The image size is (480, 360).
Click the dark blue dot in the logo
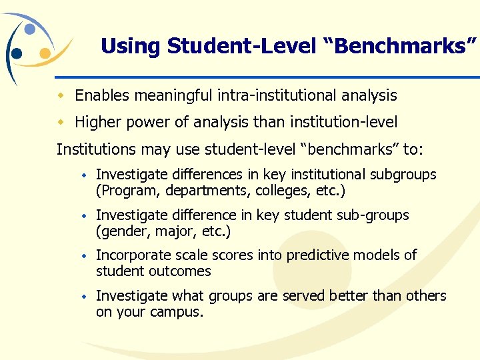tap(17, 53)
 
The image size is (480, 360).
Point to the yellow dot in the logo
tap(45, 53)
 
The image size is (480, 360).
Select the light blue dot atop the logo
tap(30, 29)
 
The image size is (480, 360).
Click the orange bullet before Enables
tap(61, 96)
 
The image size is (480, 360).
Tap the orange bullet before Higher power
tap(61, 123)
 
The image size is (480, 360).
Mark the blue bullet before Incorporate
tap(85, 255)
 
